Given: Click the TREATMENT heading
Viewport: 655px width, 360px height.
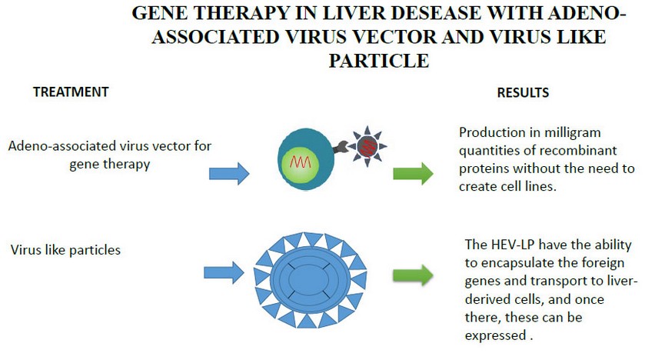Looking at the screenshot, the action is [71, 92].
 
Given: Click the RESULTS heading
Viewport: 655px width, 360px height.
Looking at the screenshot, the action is [523, 92].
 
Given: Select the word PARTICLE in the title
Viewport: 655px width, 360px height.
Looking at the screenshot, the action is [379, 61].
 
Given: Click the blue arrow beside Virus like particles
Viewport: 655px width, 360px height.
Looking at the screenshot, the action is [224, 272].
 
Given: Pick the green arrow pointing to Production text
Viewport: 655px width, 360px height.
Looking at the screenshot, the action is [413, 174].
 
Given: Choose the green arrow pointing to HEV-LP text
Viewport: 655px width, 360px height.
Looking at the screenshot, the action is [413, 275].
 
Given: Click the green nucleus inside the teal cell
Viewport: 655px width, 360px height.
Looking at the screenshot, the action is [301, 164].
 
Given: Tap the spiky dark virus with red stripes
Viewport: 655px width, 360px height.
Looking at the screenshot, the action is [367, 147].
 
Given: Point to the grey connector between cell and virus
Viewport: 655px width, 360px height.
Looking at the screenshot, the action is [341, 147].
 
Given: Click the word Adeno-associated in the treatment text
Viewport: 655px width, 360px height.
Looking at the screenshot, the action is [63, 146].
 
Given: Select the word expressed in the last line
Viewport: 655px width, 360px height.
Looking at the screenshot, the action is [495, 335].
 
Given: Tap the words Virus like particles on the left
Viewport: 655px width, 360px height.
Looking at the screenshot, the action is [65, 250].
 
